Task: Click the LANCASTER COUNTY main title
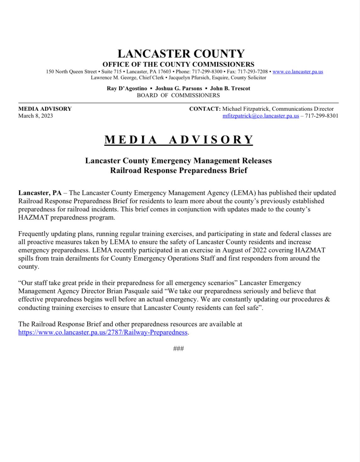click(181, 54)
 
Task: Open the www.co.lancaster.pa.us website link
click(297, 72)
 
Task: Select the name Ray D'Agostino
click(127, 88)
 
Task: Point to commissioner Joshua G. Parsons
click(179, 88)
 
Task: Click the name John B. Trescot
click(230, 88)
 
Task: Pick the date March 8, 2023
click(36, 116)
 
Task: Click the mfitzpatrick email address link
click(261, 116)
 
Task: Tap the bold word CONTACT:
click(205, 109)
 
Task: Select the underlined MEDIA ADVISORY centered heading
click(179, 140)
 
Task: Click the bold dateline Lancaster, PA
click(40, 193)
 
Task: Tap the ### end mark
click(178, 349)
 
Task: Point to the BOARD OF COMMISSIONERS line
click(178, 95)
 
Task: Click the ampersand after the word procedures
click(327, 299)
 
